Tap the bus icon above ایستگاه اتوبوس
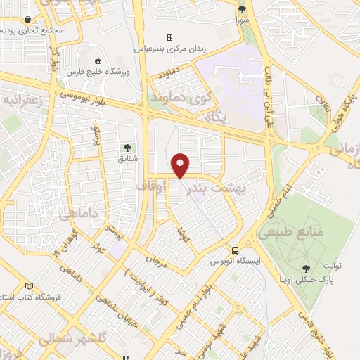[x=235, y=250]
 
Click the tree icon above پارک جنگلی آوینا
[x=306, y=268]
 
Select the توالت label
[x=333, y=266]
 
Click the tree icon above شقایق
[x=127, y=148]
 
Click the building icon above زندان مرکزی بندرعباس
[x=169, y=38]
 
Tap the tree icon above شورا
[x=243, y=9]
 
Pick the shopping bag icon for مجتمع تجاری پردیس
[x=27, y=20]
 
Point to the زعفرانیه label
[x=25, y=101]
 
